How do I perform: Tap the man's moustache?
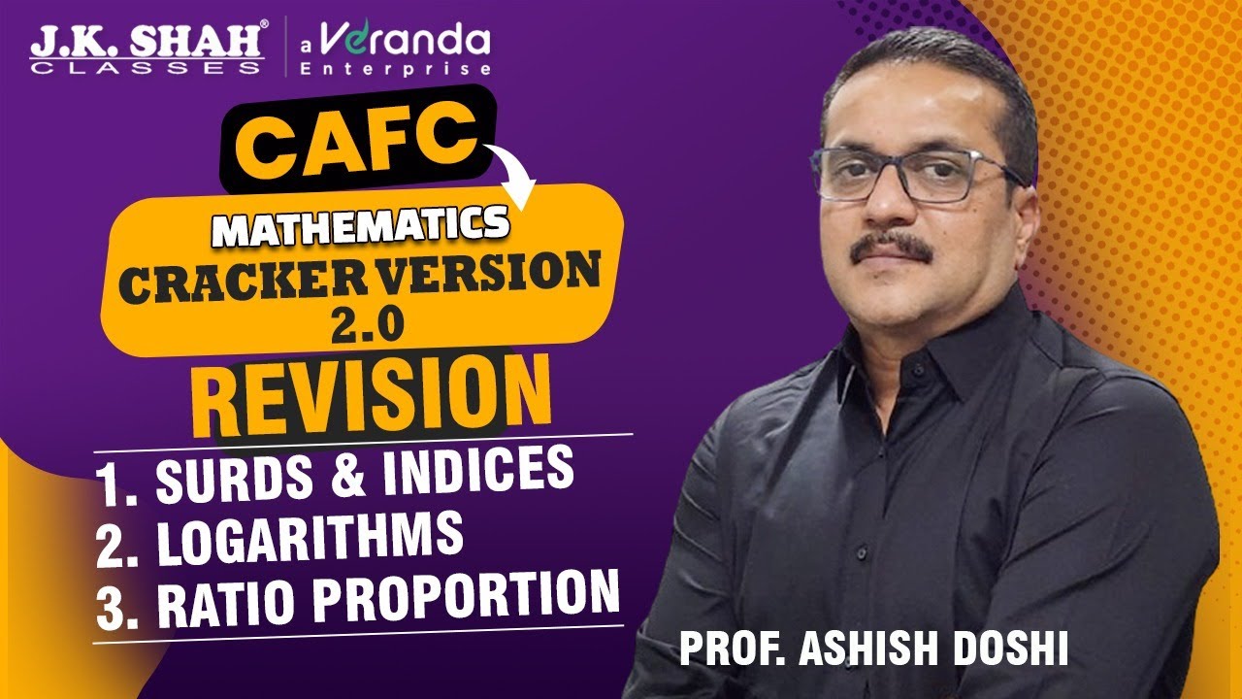(x=893, y=248)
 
